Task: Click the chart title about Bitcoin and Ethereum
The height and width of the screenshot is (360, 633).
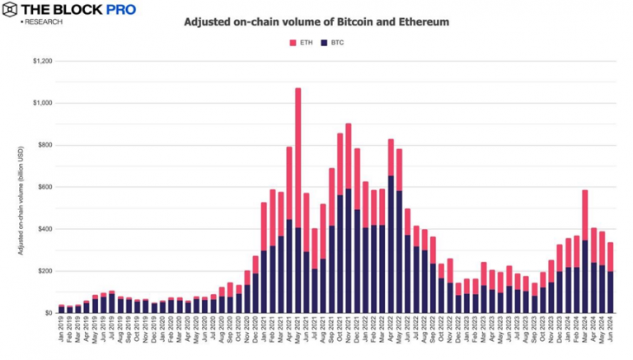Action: coord(316,22)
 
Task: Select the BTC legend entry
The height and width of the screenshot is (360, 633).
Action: coord(333,42)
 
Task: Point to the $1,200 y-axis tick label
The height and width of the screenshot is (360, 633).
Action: coord(42,61)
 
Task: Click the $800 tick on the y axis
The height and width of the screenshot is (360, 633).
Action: coord(44,145)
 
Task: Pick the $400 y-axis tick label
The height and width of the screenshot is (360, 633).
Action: coord(44,229)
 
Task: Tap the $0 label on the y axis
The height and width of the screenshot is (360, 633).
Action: coord(48,313)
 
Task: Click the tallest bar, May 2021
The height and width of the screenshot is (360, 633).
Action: coord(298,198)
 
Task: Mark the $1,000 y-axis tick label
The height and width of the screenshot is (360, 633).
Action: coord(42,103)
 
